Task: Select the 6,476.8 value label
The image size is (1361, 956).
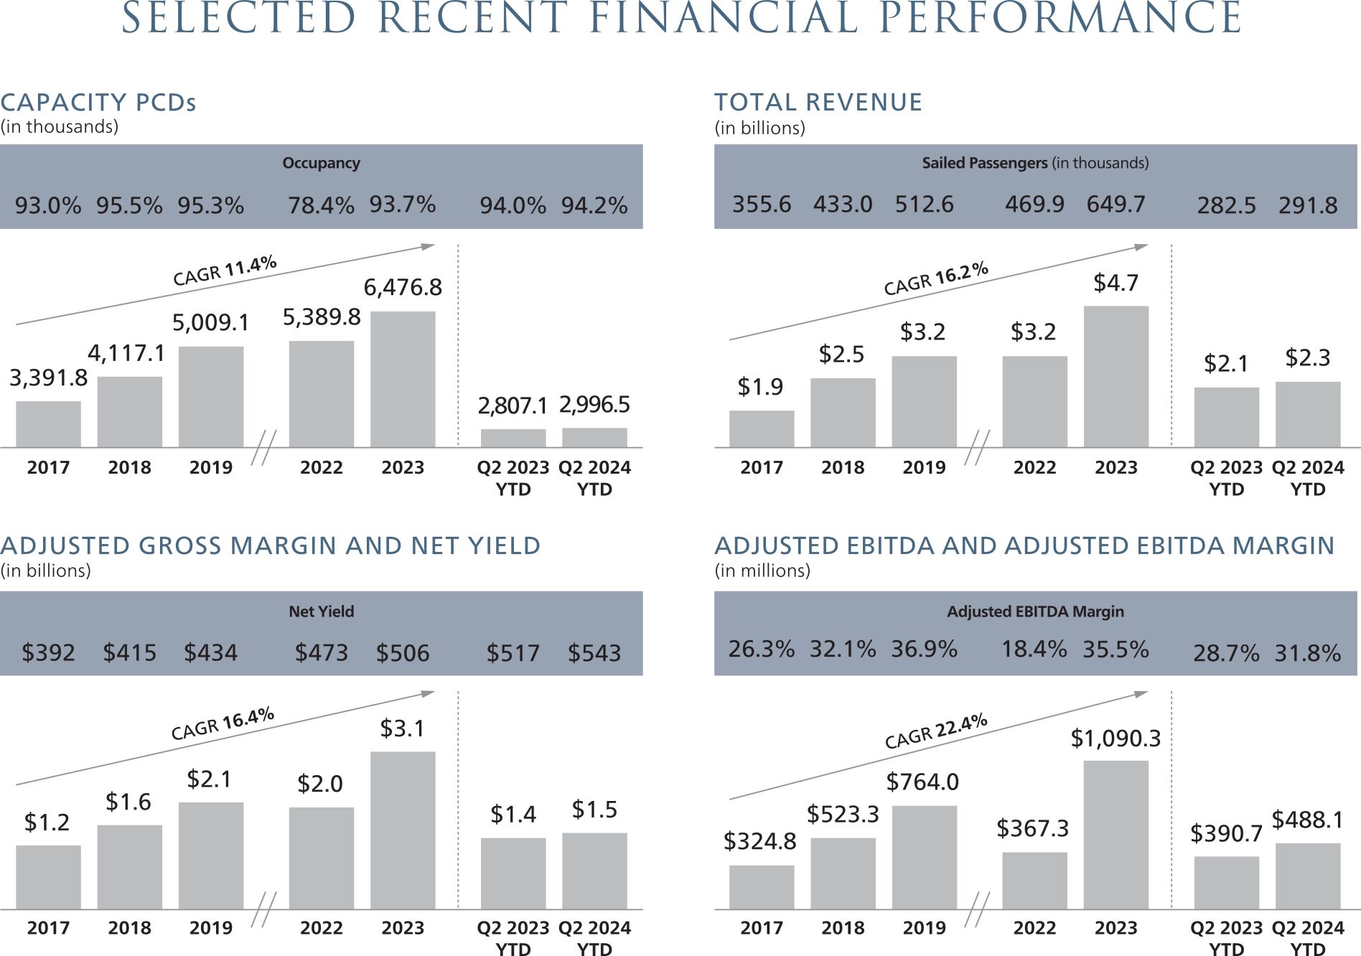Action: pyautogui.click(x=403, y=287)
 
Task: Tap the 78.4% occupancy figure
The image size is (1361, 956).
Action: pyautogui.click(x=321, y=205)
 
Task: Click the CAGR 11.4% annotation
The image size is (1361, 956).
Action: pyautogui.click(x=225, y=271)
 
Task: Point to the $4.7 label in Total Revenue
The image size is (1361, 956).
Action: pyautogui.click(x=1116, y=283)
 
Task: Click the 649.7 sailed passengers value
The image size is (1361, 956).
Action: pyautogui.click(x=1116, y=205)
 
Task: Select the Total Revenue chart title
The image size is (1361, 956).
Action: pyautogui.click(x=818, y=103)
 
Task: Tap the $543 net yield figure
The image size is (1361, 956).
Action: pyautogui.click(x=594, y=653)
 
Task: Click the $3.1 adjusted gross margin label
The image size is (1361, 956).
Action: pyautogui.click(x=402, y=728)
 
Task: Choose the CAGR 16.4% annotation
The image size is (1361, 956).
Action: pyautogui.click(x=223, y=723)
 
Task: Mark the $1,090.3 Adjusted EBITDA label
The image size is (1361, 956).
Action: pyautogui.click(x=1115, y=738)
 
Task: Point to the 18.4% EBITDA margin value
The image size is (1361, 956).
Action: pyautogui.click(x=1034, y=650)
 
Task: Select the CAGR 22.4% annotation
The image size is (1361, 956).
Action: pyautogui.click(x=936, y=731)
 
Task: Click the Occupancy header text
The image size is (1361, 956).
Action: pyautogui.click(x=321, y=163)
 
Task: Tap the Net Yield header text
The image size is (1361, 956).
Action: pyautogui.click(x=321, y=611)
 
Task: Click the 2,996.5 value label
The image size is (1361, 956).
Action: pyautogui.click(x=594, y=405)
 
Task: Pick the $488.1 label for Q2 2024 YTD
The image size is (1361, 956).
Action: pyautogui.click(x=1306, y=819)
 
